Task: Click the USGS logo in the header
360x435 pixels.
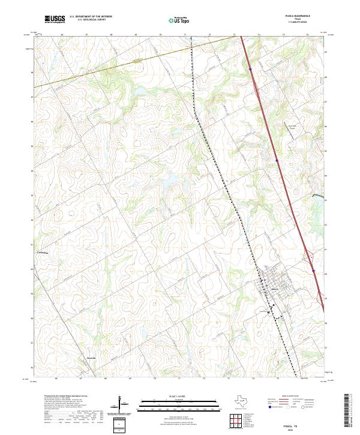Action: [x=55, y=19]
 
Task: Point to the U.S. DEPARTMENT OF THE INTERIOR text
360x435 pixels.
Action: [x=91, y=16]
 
